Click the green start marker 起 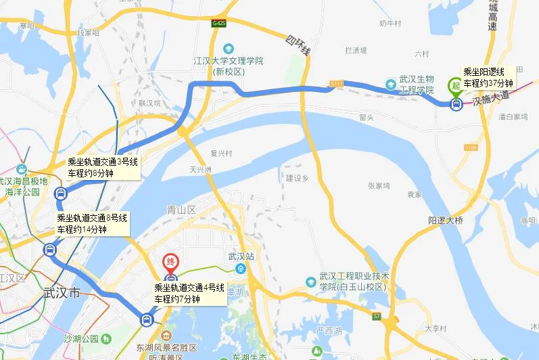[455, 85]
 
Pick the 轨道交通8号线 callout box [92, 223]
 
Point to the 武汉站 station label [241, 257]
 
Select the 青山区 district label [181, 210]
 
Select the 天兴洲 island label [202, 169]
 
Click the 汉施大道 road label [490, 101]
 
